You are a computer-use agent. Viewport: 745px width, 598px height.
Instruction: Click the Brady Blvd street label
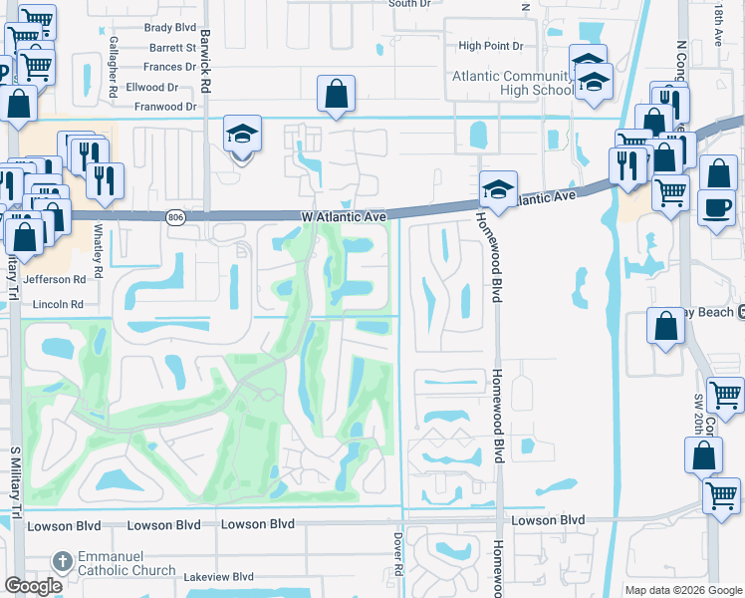(171, 28)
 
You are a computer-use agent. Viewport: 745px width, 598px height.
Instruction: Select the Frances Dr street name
(170, 67)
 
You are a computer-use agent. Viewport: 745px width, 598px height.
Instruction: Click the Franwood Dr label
(165, 106)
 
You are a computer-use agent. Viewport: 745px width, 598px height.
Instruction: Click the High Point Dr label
(497, 46)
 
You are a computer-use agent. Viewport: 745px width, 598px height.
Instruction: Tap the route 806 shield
(176, 216)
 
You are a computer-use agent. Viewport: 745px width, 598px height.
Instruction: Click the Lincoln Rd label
(58, 303)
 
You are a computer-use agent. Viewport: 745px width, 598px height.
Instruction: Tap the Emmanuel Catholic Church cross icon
(63, 560)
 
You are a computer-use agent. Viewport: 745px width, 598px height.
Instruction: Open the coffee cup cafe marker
(718, 206)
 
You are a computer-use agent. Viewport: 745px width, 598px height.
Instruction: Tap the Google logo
(34, 586)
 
